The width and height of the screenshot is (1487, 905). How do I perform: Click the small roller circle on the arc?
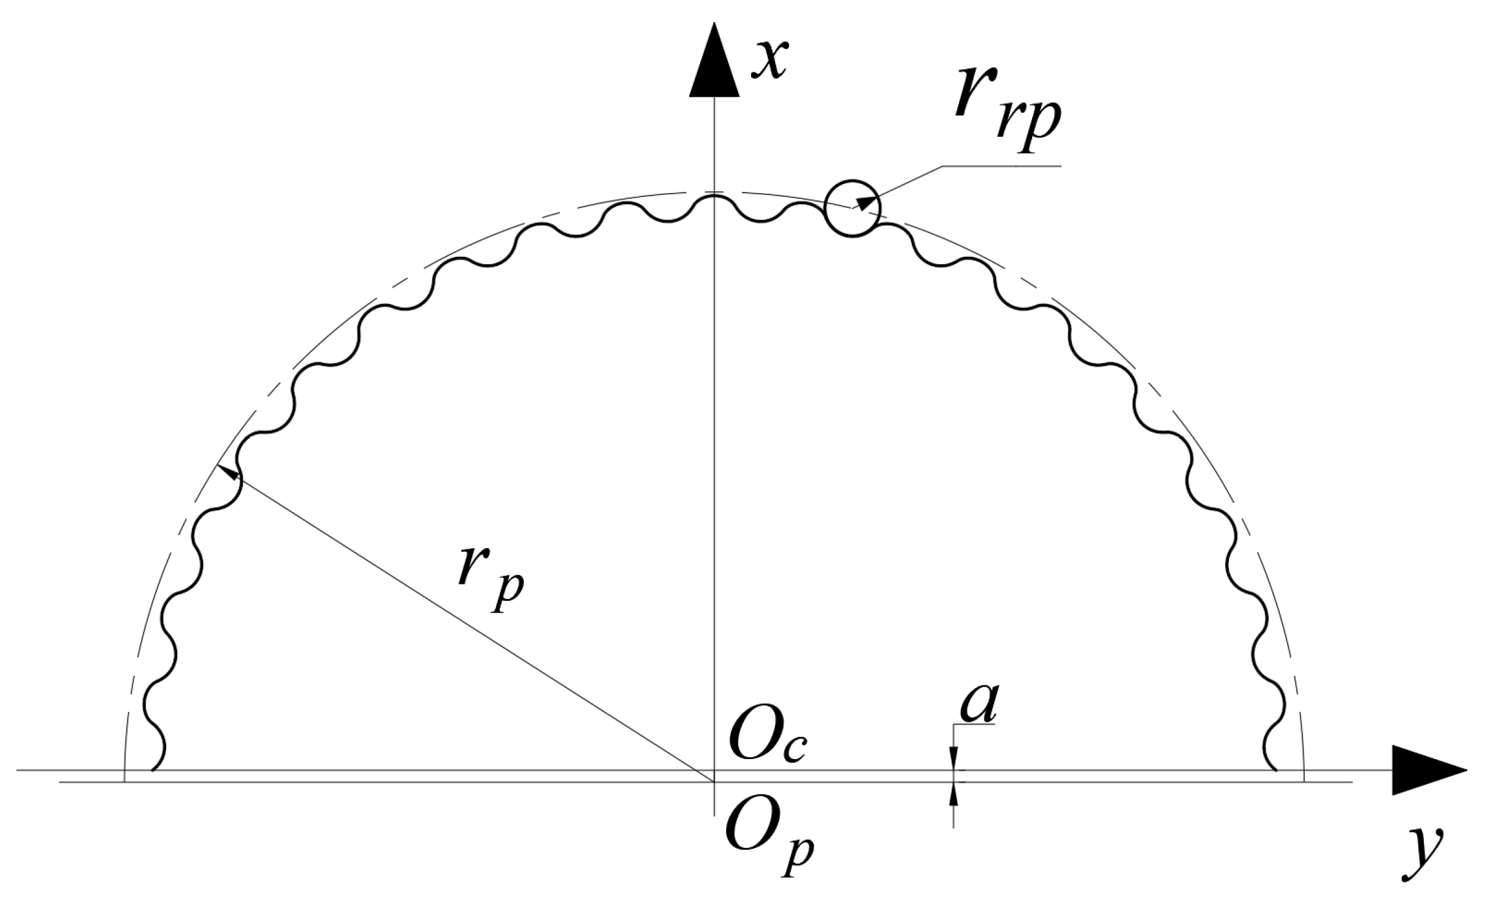(852, 208)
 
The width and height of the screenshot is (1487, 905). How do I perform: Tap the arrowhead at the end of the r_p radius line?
(227, 473)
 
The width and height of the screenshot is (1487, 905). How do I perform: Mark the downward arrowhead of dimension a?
(953, 760)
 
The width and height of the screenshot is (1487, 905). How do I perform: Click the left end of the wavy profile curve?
(152, 769)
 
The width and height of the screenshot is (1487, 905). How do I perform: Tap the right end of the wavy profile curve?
(1275, 769)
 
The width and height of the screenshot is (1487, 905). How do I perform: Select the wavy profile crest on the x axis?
(714, 197)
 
